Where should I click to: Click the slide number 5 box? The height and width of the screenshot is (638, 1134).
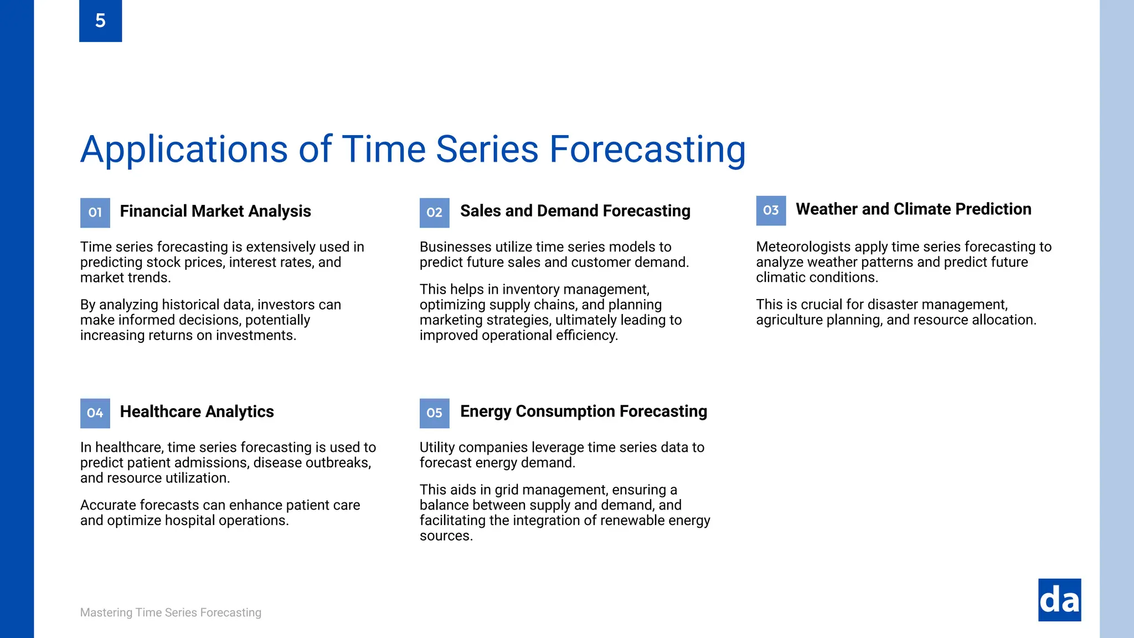pos(100,20)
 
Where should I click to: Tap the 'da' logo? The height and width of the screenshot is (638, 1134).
pos(1059,600)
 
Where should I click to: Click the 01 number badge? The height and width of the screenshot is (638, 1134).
pos(95,213)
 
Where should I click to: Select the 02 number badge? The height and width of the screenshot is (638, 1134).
pos(434,213)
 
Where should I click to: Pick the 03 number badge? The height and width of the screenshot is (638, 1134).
pos(771,210)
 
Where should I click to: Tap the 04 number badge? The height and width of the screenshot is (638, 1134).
pos(95,413)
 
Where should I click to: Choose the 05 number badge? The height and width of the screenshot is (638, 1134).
pos(434,413)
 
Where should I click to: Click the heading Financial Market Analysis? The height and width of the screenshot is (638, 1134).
pos(215,211)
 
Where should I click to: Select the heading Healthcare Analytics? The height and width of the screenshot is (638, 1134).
pos(197,411)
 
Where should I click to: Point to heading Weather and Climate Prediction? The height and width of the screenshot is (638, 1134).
pos(913,209)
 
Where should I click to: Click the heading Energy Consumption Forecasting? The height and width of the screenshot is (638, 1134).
pos(583,411)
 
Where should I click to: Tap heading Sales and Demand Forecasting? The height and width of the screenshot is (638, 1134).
pos(575,210)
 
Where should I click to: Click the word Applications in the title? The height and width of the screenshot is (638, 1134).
pos(184,150)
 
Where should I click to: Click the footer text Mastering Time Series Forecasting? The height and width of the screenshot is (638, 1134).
pos(171,613)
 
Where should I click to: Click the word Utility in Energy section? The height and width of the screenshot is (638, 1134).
pos(437,447)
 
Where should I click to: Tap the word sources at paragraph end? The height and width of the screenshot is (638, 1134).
pos(445,536)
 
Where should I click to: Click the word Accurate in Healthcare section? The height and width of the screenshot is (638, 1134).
pos(108,505)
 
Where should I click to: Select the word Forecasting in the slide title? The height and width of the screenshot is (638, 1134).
pos(647,150)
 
